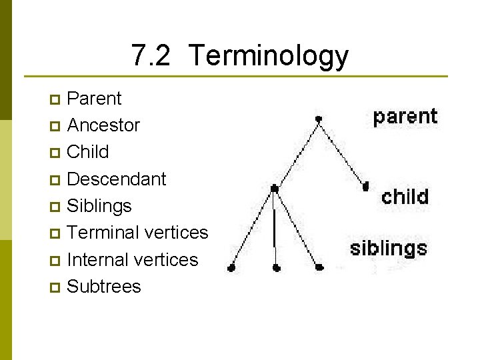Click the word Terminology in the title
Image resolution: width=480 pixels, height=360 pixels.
(269, 56)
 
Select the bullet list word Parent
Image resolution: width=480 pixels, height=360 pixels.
(95, 99)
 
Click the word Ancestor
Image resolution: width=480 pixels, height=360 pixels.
(103, 125)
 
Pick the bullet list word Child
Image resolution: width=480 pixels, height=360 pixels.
(88, 152)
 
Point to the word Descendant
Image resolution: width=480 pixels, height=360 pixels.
(117, 179)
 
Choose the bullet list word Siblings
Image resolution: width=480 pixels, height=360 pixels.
(99, 206)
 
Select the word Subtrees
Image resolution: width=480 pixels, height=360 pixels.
(104, 287)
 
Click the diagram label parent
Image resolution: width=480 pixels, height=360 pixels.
(405, 117)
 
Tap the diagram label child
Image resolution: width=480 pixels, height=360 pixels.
(405, 196)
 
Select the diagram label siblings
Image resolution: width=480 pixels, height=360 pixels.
(389, 249)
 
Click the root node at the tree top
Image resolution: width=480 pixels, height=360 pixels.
(319, 119)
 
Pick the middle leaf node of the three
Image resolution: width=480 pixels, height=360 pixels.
(277, 267)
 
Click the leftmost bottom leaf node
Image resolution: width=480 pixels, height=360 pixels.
(231, 268)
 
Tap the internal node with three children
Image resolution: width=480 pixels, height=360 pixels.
(274, 189)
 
